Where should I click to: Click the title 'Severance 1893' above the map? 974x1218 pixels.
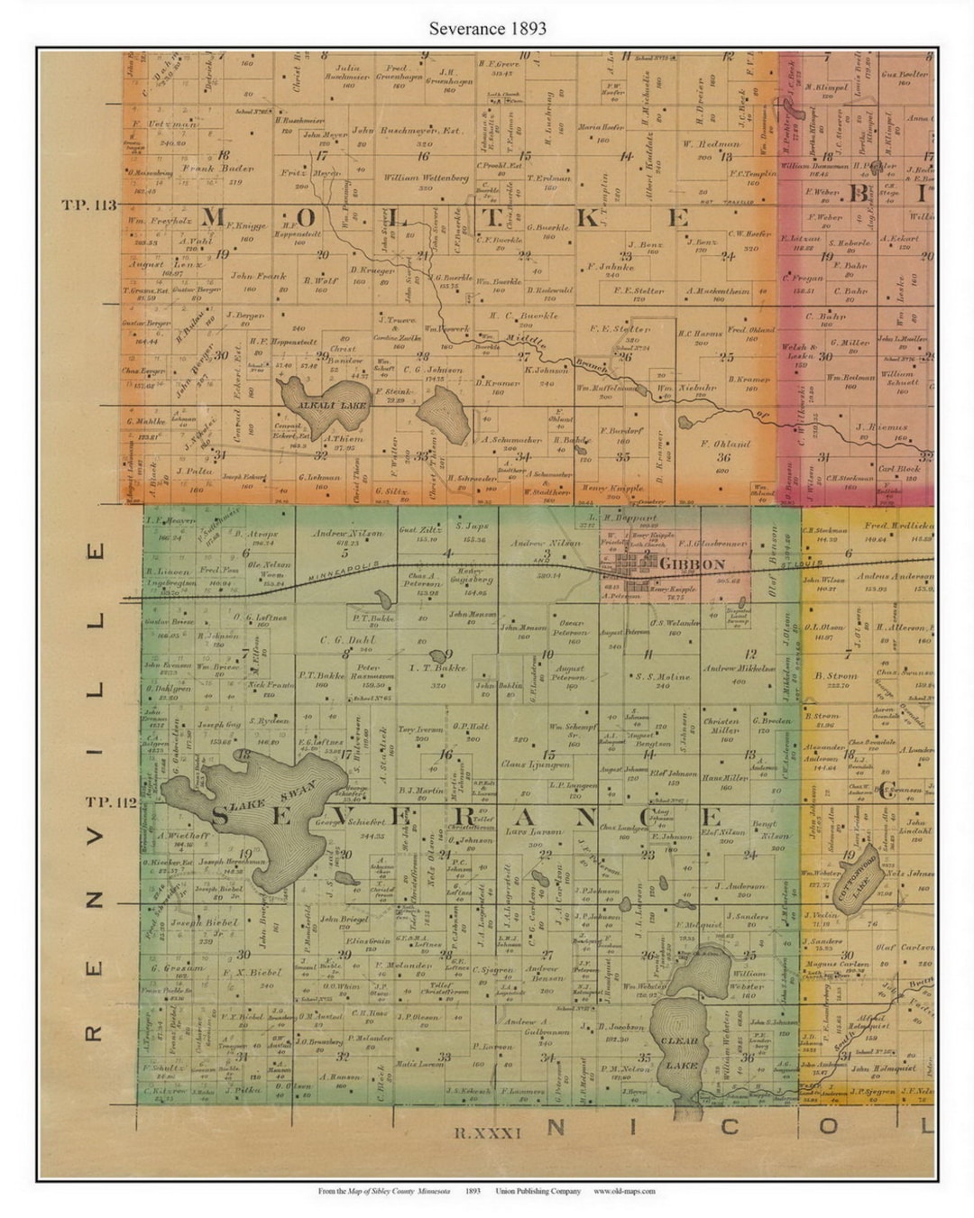pyautogui.click(x=487, y=28)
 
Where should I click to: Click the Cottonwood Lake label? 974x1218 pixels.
pyautogui.click(x=864, y=874)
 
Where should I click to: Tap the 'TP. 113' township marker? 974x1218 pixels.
pyautogui.click(x=88, y=206)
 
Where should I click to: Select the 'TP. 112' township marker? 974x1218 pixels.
pyautogui.click(x=111, y=801)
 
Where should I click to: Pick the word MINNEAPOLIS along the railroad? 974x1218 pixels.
pyautogui.click(x=344, y=572)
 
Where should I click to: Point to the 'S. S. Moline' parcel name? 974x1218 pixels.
pyautogui.click(x=663, y=676)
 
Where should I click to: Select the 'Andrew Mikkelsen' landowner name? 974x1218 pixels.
pyautogui.click(x=739, y=668)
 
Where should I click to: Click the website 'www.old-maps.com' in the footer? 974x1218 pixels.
pyautogui.click(x=624, y=1191)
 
